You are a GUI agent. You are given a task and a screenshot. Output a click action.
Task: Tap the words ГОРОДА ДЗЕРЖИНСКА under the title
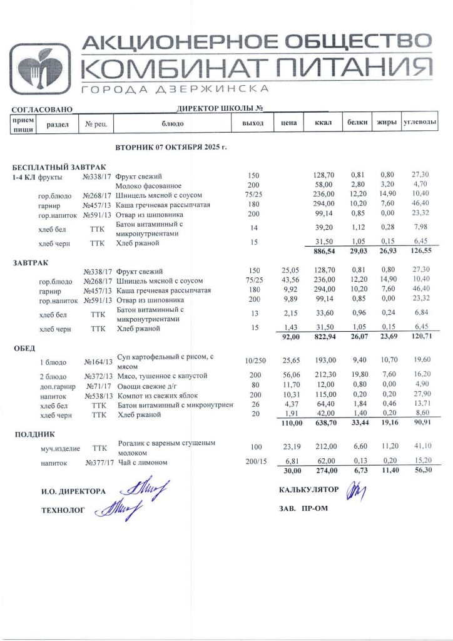tap(176, 89)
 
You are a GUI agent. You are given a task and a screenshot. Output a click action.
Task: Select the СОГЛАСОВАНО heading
tap(43, 110)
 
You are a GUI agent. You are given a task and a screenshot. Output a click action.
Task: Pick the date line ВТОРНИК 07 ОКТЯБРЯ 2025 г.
tap(171, 147)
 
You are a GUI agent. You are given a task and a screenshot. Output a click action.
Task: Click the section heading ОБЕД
tap(25, 347)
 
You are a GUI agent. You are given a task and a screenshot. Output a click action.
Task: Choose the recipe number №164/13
tap(98, 362)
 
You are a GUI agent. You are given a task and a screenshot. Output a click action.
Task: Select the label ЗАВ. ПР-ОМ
tap(303, 508)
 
